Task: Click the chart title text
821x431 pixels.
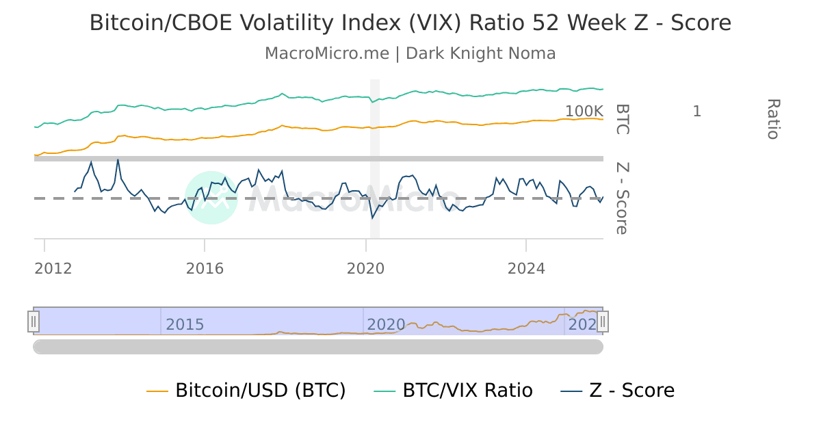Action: click(410, 23)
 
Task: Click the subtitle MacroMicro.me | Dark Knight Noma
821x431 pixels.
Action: click(410, 53)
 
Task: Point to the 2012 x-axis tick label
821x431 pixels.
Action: click(53, 269)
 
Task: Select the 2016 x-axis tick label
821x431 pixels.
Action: click(205, 269)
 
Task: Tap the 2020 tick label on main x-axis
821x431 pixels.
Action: click(365, 269)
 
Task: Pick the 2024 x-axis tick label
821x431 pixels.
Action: click(526, 269)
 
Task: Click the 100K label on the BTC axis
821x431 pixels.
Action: click(584, 112)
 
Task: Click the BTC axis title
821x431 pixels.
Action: click(621, 119)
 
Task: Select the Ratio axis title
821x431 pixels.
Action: click(772, 119)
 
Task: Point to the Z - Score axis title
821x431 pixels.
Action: click(621, 198)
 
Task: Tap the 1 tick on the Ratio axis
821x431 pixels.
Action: click(696, 112)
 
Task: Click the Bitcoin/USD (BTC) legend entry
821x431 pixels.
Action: click(246, 391)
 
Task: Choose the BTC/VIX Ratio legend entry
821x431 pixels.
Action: click(453, 391)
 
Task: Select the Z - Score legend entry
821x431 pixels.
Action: click(618, 391)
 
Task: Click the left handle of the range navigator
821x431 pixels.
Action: click(34, 321)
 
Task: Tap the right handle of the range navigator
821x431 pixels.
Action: click(603, 321)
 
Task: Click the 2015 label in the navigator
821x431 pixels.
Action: click(185, 325)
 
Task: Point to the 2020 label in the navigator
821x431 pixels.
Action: click(386, 325)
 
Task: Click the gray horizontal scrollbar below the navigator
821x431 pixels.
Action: click(318, 347)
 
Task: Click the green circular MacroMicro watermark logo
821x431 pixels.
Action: click(211, 198)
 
